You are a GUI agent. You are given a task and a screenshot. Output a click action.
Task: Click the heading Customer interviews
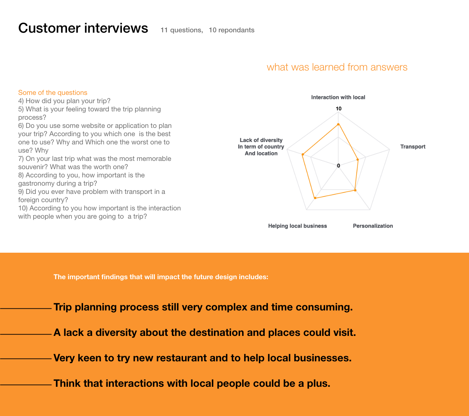(83, 28)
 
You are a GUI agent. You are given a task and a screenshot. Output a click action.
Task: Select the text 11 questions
(181, 30)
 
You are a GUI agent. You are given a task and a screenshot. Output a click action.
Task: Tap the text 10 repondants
(231, 30)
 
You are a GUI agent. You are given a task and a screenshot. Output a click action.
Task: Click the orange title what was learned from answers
(337, 67)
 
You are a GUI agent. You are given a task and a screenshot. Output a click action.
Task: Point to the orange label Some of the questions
(53, 92)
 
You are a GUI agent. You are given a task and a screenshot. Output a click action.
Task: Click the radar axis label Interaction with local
(338, 97)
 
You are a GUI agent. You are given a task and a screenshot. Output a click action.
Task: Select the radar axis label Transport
(413, 147)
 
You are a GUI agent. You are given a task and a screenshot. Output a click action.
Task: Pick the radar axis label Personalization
(373, 226)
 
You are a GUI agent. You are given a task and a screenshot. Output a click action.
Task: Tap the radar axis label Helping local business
(297, 226)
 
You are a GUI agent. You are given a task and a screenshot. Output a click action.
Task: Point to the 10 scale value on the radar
(339, 109)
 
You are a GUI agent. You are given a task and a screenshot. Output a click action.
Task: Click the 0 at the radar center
(339, 166)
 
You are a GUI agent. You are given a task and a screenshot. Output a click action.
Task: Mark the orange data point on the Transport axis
(357, 160)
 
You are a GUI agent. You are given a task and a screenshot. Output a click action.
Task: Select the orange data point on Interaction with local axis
(338, 124)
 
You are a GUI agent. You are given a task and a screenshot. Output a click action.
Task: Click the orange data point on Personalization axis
(355, 190)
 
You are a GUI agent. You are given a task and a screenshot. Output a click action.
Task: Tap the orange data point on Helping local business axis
(315, 198)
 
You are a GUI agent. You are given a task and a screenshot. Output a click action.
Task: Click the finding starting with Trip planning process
(203, 307)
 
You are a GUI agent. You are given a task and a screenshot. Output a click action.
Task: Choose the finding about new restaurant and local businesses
(203, 358)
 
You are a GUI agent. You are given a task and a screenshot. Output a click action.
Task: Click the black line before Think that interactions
(26, 385)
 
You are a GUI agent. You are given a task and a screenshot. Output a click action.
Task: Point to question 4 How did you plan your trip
(64, 101)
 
